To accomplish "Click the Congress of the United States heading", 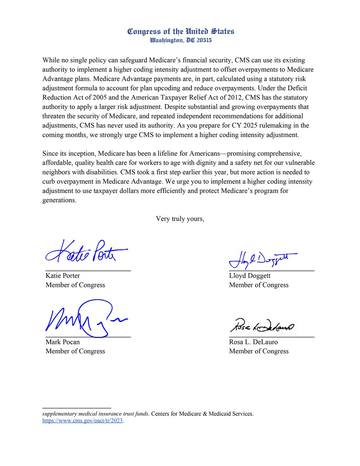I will [x=181, y=31].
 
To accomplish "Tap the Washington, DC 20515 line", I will [x=181, y=40].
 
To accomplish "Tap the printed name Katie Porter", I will [x=63, y=276].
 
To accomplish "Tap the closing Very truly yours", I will [x=180, y=219].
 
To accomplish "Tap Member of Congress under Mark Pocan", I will [x=75, y=351].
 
